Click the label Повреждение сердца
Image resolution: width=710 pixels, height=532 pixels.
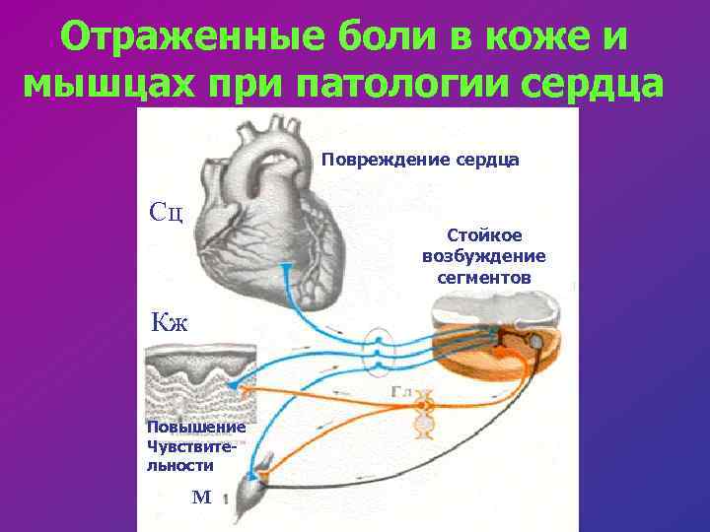tap(421, 159)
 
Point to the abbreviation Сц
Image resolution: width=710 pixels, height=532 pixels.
tap(165, 211)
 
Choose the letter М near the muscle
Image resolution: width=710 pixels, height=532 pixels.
tap(201, 498)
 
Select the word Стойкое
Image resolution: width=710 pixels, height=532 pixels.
tap(484, 235)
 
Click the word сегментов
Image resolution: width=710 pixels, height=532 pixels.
tap(483, 278)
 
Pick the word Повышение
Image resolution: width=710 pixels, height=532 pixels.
tap(181, 428)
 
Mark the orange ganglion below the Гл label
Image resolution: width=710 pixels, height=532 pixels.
tap(424, 414)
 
